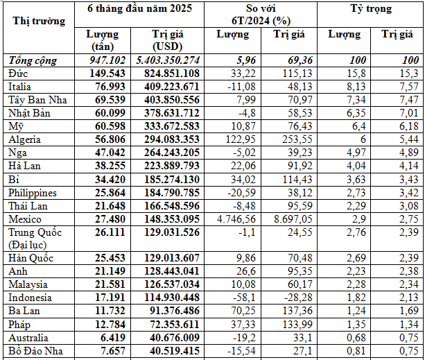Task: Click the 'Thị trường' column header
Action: [40, 21]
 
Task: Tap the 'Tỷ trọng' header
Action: [370, 10]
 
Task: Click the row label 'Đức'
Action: [18, 73]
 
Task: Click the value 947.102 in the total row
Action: [106, 60]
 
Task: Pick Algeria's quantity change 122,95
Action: [236, 139]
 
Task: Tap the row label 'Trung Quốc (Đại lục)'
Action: [32, 238]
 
